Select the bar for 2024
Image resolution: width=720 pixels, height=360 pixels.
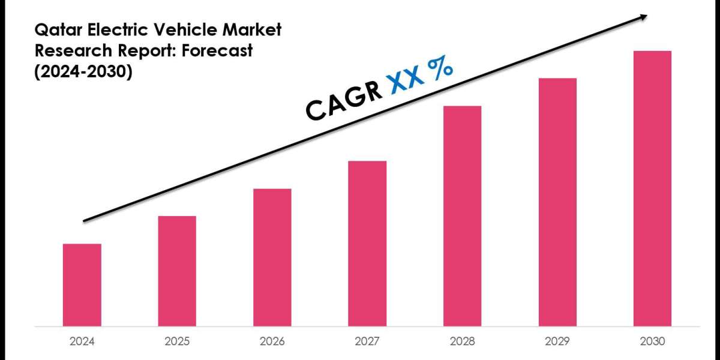pyautogui.click(x=82, y=284)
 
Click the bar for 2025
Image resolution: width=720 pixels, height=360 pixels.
pyautogui.click(x=177, y=271)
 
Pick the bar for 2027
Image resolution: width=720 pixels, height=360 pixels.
pyautogui.click(x=367, y=243)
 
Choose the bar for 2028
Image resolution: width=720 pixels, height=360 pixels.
pyautogui.click(x=462, y=215)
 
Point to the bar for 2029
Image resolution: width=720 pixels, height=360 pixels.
pyautogui.click(x=557, y=202)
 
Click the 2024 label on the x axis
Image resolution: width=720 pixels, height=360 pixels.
pyautogui.click(x=82, y=341)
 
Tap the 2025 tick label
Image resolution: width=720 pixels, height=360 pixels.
pyautogui.click(x=177, y=341)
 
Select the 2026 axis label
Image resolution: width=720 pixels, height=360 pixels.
pyautogui.click(x=272, y=341)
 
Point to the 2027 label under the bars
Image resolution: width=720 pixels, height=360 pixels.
pyautogui.click(x=367, y=341)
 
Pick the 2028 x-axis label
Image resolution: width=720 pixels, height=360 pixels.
pyautogui.click(x=462, y=341)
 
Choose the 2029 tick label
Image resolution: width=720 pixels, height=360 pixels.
pyautogui.click(x=557, y=341)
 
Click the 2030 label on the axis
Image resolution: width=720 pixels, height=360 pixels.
pyautogui.click(x=652, y=341)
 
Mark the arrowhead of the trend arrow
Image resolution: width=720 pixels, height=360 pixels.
pyautogui.click(x=643, y=17)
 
